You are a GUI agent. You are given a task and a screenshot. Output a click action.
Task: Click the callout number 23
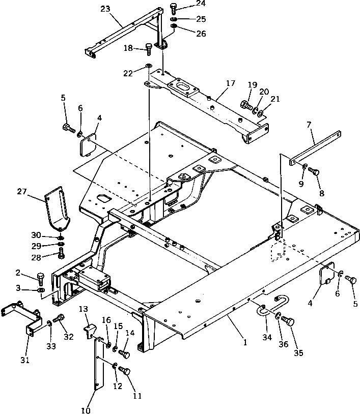coord(105,9)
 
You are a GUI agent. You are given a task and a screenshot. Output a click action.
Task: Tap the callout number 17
coord(231,82)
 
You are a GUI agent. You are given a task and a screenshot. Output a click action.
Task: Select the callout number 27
coord(21,191)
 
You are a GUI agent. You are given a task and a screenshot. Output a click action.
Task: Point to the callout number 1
coord(245,342)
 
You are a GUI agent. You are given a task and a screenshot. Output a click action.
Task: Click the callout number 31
coord(25,360)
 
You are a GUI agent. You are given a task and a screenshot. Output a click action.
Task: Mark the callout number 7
coord(308,124)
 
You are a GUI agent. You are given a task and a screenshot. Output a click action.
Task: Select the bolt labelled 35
coord(289,321)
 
